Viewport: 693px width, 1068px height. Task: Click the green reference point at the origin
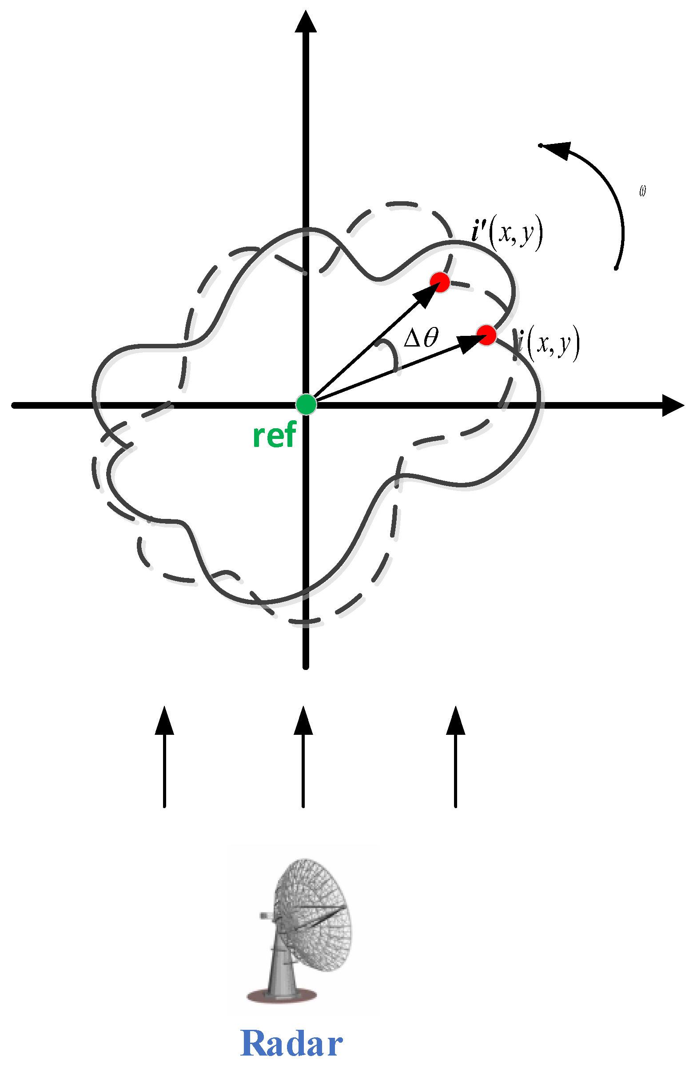306,404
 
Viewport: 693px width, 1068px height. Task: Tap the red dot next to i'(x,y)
439,282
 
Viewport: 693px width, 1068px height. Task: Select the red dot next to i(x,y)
486,335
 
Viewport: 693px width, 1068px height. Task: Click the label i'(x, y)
507,233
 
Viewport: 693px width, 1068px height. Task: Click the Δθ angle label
421,338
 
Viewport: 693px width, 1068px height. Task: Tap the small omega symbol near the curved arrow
642,191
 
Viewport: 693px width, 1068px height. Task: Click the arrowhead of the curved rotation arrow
557,150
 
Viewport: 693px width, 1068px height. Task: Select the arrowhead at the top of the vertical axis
306,23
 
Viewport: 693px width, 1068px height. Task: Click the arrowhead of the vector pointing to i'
424,296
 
